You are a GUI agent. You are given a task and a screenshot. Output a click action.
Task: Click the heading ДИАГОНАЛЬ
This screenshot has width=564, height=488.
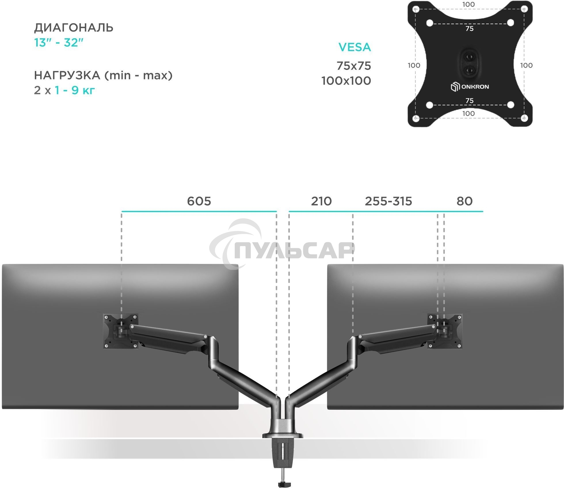click(x=74, y=28)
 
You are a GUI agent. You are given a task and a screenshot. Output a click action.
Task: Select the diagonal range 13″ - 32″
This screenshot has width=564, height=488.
click(x=59, y=43)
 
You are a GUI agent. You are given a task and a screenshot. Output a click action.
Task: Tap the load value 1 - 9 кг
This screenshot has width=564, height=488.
click(x=75, y=90)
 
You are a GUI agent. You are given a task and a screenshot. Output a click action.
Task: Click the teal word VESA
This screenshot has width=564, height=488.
click(x=355, y=47)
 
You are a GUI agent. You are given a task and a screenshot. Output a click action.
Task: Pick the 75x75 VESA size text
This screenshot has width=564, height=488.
click(x=354, y=66)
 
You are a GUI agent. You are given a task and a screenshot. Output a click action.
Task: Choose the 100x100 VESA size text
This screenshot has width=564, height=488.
click(x=346, y=81)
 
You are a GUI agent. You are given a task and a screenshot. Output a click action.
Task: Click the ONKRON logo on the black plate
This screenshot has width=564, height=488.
click(x=470, y=87)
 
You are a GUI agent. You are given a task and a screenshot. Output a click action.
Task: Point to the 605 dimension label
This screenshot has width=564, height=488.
click(x=199, y=201)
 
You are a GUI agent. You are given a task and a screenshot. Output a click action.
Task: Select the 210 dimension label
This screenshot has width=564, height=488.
click(x=321, y=201)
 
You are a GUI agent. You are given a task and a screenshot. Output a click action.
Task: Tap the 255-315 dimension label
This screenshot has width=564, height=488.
click(x=388, y=201)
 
